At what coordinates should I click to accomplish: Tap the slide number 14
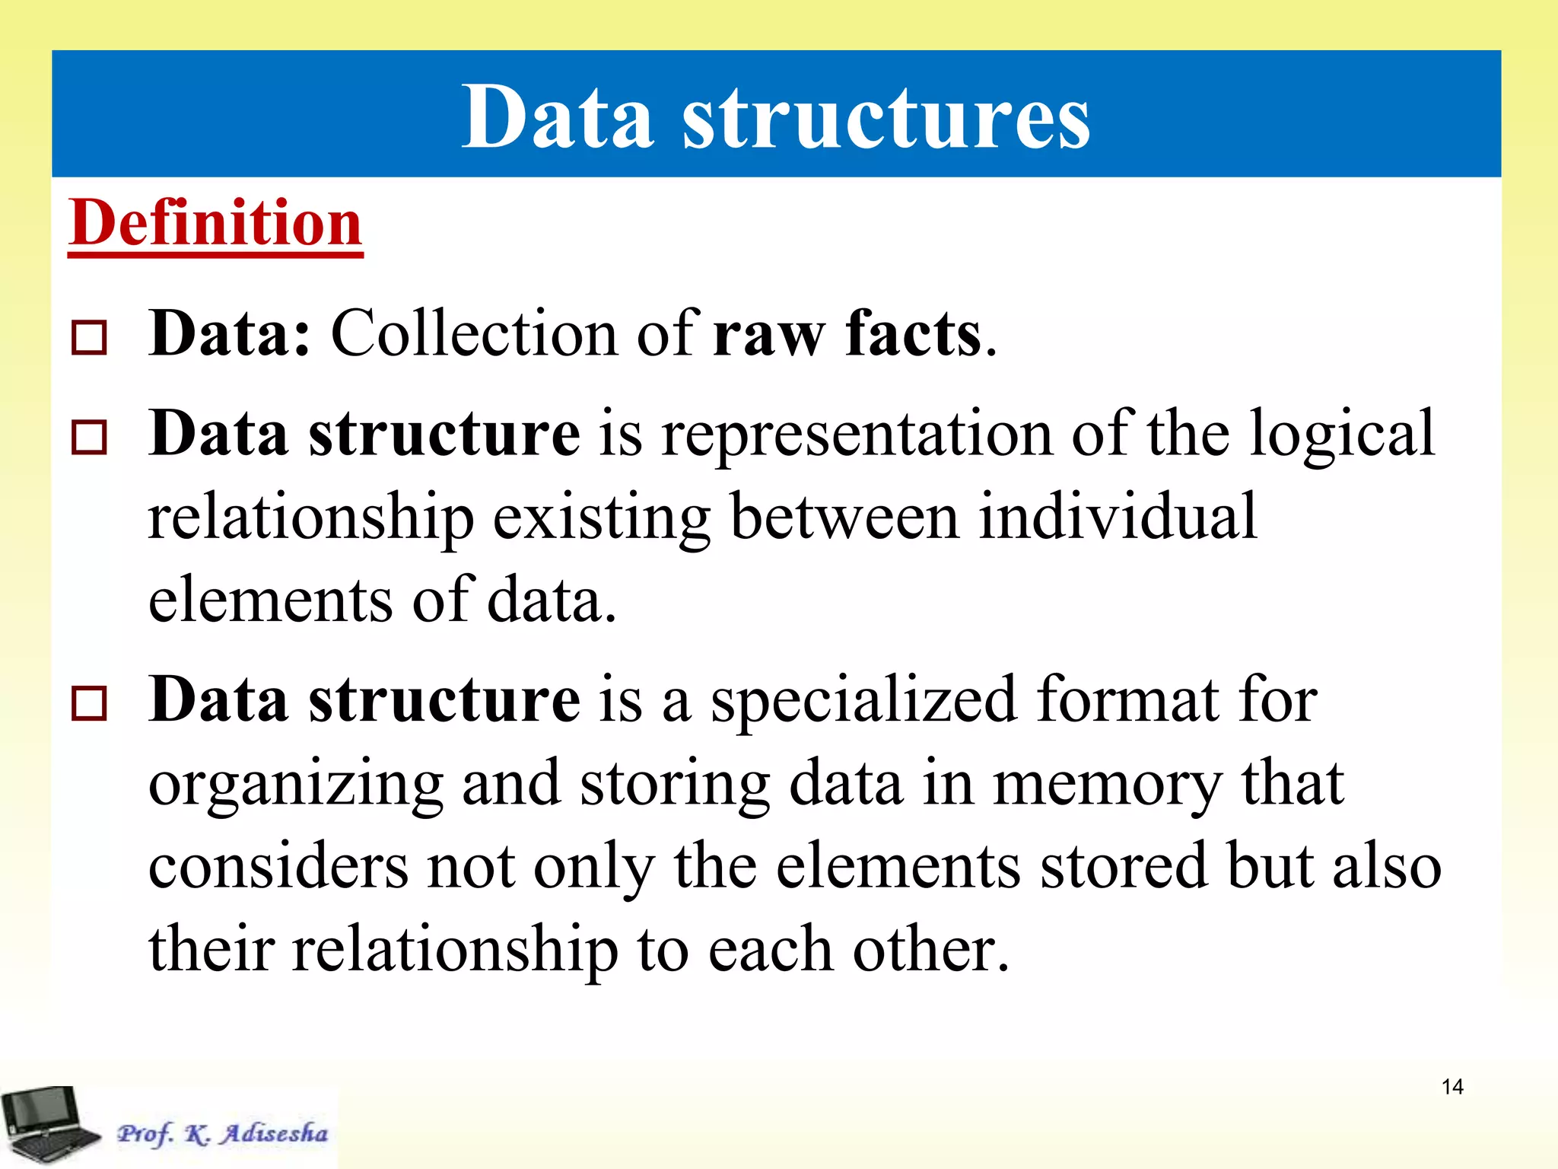(1452, 1087)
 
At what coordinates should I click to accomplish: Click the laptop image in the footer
(49, 1124)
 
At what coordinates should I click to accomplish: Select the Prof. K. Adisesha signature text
(222, 1133)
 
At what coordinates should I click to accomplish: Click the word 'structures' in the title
(886, 118)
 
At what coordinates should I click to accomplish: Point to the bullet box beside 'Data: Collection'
(89, 337)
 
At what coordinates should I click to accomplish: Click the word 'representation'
(857, 434)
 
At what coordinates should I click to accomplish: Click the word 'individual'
(1117, 517)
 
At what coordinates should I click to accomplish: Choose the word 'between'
(844, 517)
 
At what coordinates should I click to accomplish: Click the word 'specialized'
(863, 700)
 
